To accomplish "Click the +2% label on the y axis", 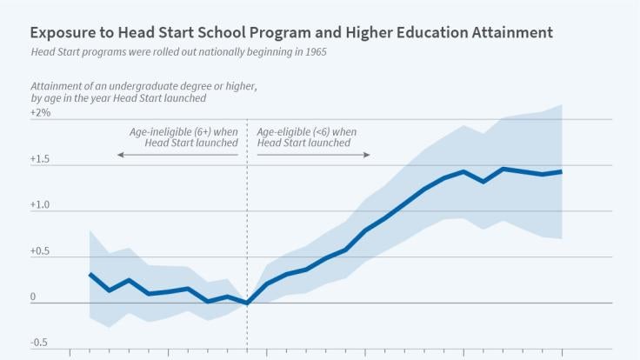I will click(40, 113).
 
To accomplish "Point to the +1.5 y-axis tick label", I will click(41, 159).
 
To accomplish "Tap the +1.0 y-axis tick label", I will click(41, 206).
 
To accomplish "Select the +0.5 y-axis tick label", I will click(41, 251).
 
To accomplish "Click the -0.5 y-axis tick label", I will click(39, 343).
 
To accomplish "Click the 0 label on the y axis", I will click(34, 297).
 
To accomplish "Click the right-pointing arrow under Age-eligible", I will click(367, 155).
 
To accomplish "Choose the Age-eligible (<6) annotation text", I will click(308, 131).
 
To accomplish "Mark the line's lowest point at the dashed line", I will click(248, 303).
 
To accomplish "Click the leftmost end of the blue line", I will click(90, 274).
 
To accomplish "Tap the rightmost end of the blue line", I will click(562, 171).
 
